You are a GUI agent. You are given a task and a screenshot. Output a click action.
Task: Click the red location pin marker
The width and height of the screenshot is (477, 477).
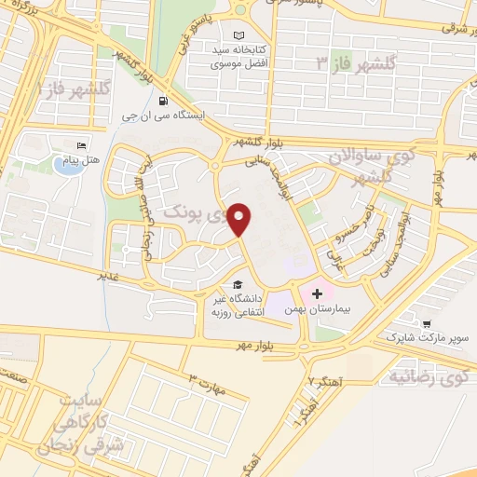[x=240, y=218]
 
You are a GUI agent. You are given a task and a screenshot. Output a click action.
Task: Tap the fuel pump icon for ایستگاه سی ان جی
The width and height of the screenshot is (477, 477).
[x=164, y=102]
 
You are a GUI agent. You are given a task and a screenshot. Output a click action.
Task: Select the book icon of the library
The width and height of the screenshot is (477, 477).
[x=240, y=35]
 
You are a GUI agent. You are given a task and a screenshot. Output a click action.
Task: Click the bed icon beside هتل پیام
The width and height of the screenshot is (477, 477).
[x=82, y=147]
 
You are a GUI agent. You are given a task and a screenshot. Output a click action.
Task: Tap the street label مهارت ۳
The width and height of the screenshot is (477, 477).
[x=207, y=383]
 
